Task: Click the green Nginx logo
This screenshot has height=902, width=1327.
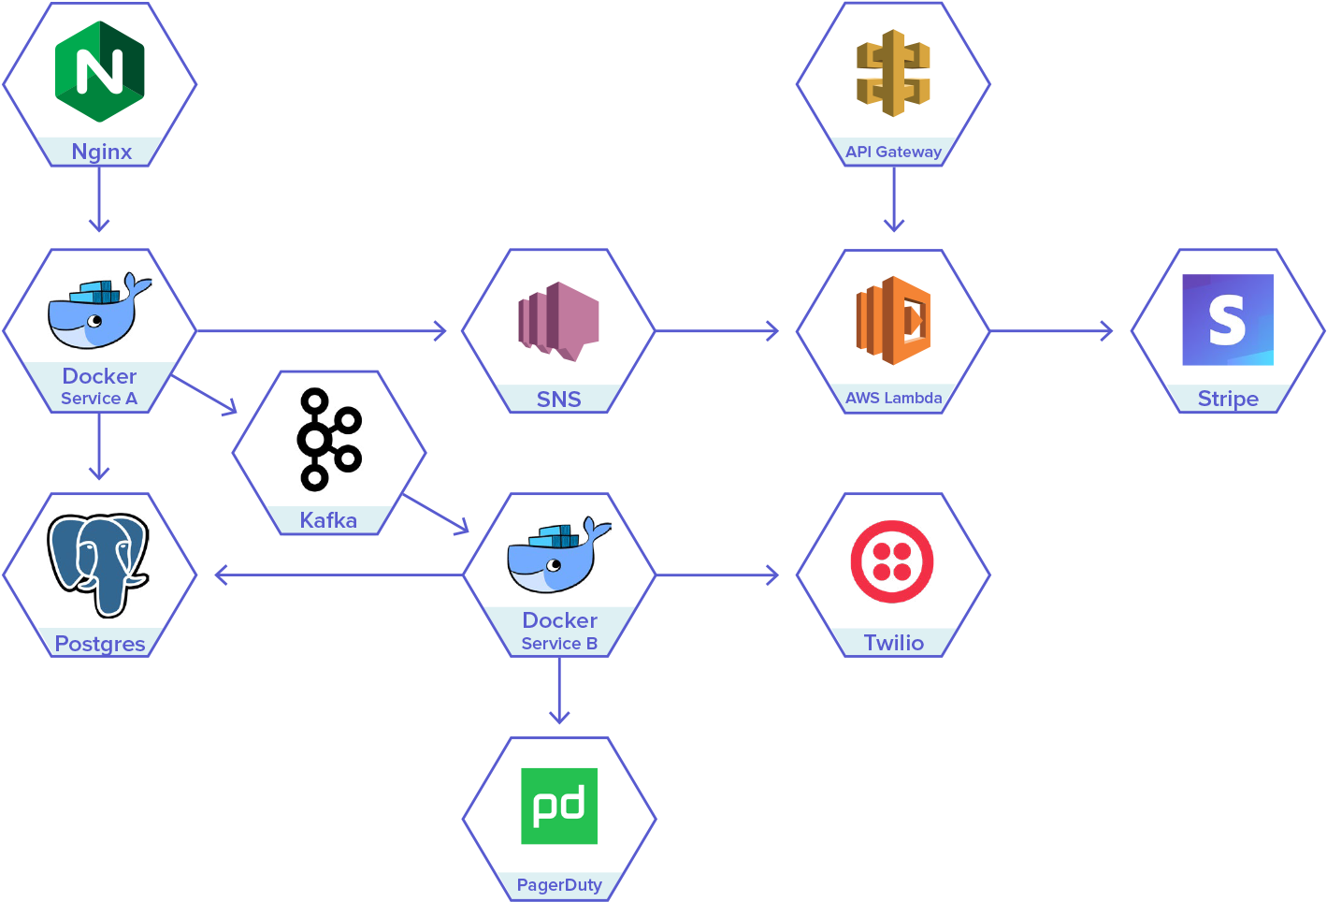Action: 100,71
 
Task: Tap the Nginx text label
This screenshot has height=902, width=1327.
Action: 101,152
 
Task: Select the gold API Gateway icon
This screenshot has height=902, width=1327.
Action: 893,73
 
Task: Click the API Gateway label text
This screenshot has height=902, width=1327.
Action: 893,152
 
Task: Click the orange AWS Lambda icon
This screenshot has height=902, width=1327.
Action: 893,320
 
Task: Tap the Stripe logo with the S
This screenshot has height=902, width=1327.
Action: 1227,320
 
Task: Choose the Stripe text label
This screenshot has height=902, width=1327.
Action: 1228,399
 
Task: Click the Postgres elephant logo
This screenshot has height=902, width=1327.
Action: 98,564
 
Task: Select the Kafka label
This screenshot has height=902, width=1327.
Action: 328,520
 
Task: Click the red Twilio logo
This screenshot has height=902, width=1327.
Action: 892,562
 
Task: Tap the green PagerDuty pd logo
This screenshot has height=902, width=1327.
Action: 559,806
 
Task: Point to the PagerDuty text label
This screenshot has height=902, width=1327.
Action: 559,885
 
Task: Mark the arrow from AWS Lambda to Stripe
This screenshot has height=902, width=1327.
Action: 1051,330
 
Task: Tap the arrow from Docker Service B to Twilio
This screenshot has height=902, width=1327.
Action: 717,575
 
